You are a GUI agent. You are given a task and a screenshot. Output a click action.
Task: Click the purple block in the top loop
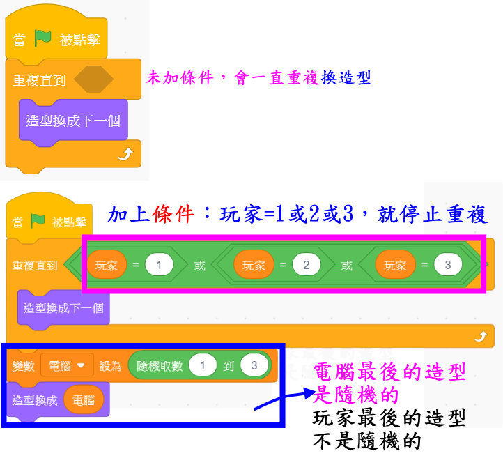[72, 121]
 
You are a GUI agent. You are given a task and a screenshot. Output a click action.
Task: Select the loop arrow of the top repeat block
[125, 154]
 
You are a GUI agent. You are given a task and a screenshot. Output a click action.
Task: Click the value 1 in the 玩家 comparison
[160, 265]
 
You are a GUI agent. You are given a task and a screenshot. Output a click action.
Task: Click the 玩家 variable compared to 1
[107, 265]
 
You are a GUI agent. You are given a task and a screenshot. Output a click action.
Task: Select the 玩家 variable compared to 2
[254, 265]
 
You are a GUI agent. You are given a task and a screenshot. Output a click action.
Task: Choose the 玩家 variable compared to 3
[395, 265]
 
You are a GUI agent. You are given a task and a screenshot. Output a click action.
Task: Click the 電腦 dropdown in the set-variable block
[67, 365]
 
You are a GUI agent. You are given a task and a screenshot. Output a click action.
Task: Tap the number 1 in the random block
[203, 365]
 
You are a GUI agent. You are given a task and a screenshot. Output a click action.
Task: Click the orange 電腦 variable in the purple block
[83, 400]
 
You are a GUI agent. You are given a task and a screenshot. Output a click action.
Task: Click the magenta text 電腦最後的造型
[389, 372]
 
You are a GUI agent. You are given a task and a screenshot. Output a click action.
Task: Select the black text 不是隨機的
[367, 441]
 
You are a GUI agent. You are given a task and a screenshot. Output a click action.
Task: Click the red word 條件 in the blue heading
[176, 215]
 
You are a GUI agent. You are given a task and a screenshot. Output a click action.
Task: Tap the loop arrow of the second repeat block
[479, 337]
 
